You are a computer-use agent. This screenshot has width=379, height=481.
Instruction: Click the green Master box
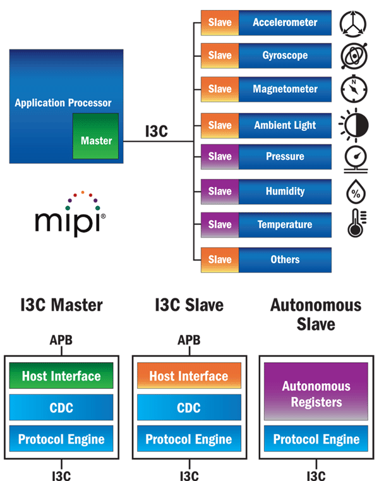pos(95,136)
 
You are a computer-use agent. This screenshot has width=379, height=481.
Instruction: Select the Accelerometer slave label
pos(284,23)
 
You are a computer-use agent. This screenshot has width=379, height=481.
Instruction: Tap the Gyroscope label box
pos(284,56)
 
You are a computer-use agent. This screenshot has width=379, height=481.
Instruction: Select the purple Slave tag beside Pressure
pos(220,156)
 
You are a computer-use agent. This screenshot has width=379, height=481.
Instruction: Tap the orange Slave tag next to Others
pos(220,259)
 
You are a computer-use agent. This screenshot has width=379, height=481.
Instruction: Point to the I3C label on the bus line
pos(156,131)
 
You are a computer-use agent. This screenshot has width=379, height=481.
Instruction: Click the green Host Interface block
pos(61,376)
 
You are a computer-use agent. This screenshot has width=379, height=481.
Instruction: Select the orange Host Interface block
pos(188,376)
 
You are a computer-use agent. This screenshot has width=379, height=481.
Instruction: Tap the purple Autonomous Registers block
pos(316,394)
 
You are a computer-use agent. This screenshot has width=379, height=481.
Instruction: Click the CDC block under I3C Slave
pos(188,408)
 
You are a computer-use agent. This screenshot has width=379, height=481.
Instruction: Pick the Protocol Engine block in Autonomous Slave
pos(316,440)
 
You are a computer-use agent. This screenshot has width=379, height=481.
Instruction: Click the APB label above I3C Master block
pos(61,341)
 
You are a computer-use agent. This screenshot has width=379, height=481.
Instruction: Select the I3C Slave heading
pos(189,305)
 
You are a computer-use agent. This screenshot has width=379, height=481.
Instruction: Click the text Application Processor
pos(63,102)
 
